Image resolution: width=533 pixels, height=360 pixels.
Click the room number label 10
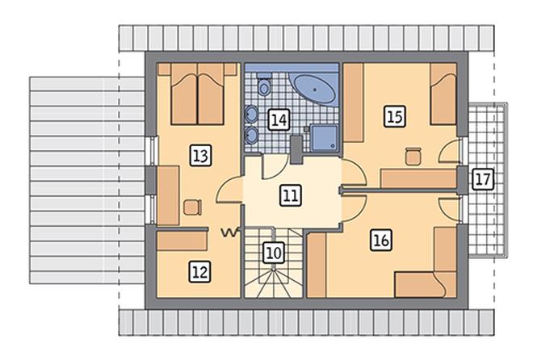(x=274, y=253)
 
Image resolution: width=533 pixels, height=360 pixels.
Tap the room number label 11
(x=291, y=195)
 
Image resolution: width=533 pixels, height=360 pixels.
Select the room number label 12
(x=199, y=272)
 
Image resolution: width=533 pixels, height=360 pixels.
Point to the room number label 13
(x=200, y=156)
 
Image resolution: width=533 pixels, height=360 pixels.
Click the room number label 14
(x=279, y=119)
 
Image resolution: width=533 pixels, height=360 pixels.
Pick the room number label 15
(x=395, y=116)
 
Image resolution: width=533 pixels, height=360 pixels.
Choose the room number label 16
(x=380, y=240)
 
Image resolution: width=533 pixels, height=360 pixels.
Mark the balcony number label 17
(x=483, y=179)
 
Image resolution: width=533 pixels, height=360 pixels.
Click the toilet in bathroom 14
(x=263, y=84)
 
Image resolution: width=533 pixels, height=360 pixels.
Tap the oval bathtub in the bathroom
(x=314, y=89)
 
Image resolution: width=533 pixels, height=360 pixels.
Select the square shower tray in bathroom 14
(x=325, y=138)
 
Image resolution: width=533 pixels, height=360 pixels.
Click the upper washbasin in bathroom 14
(x=251, y=114)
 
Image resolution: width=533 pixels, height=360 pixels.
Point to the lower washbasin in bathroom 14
(x=251, y=135)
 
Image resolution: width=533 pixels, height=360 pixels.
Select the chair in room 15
(x=413, y=157)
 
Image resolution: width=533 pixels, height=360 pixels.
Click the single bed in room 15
(x=443, y=94)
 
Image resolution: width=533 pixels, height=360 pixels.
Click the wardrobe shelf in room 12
(x=183, y=241)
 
